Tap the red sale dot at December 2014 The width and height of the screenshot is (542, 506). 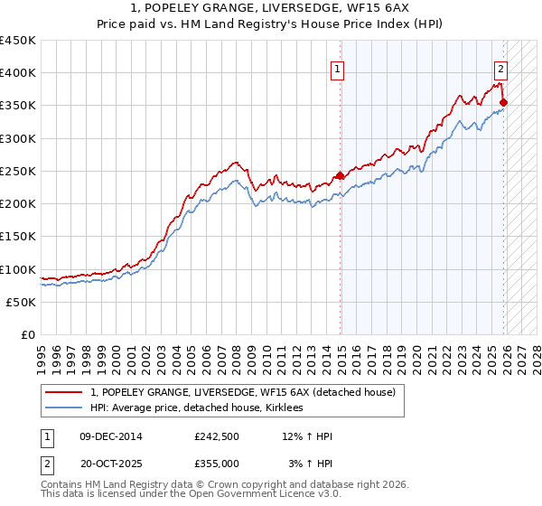tap(341, 175)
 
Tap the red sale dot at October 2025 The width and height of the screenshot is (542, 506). tap(503, 102)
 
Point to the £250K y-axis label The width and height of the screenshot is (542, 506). tap(18, 171)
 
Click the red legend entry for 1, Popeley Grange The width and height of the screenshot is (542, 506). tap(242, 392)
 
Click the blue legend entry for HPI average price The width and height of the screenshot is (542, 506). tap(201, 408)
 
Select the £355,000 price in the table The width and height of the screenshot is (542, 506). tap(217, 463)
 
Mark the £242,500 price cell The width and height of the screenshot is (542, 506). tap(217, 436)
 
